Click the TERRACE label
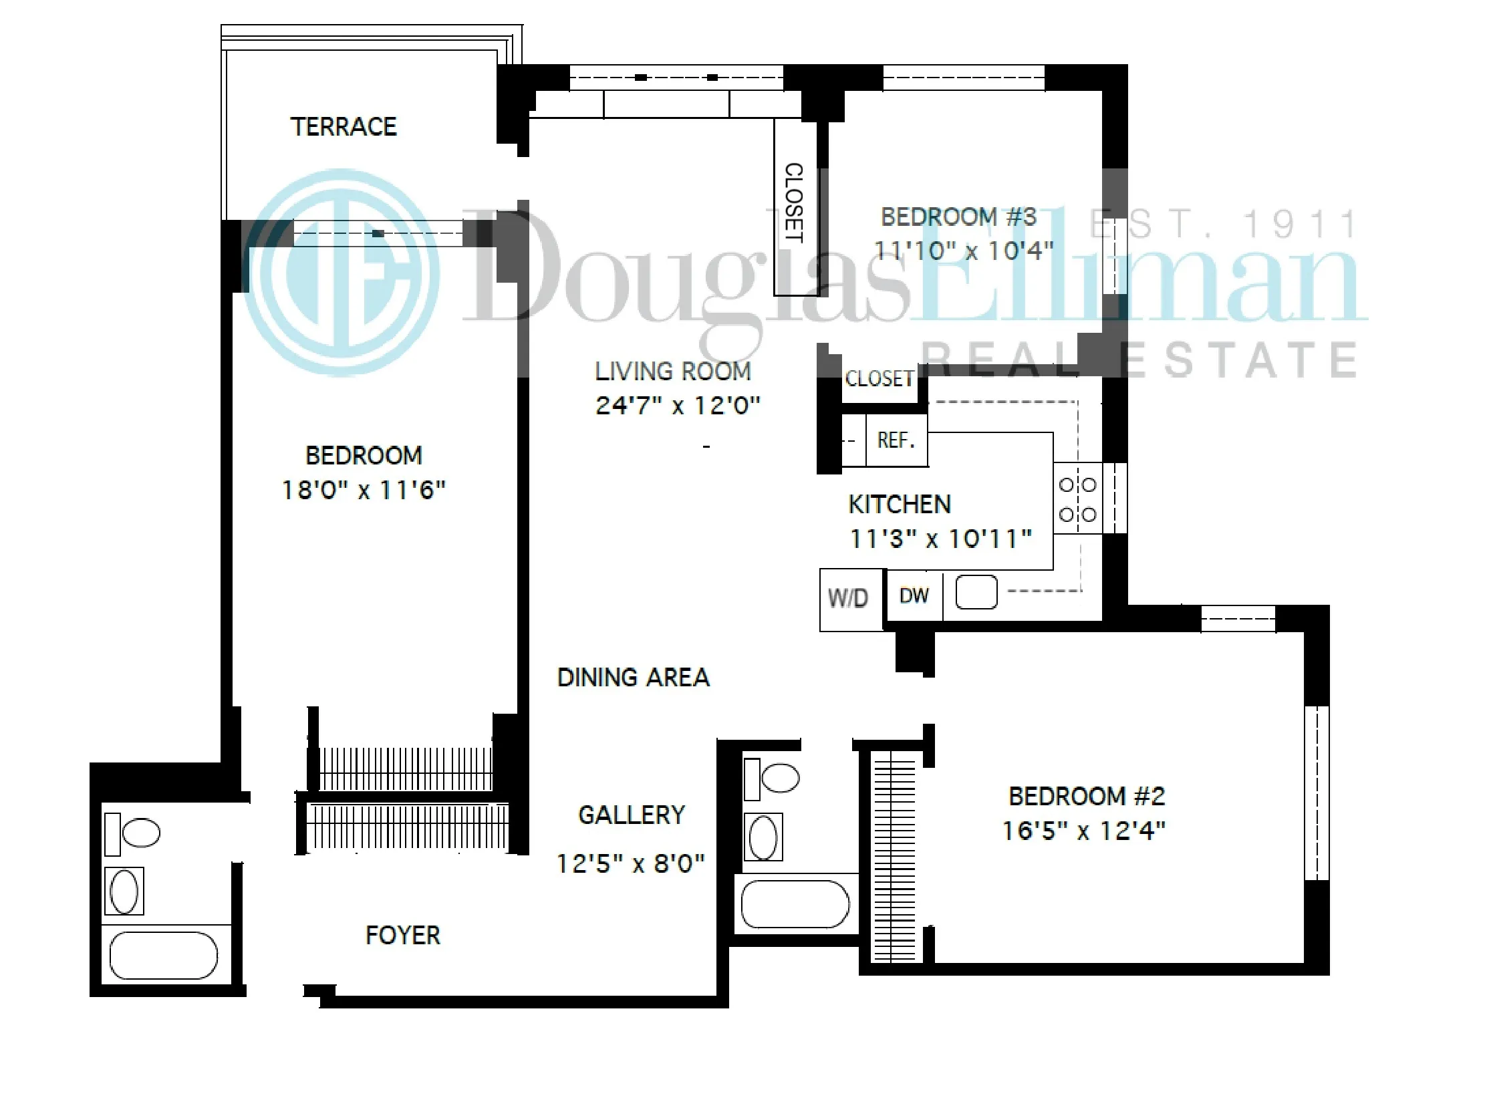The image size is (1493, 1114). pos(344,127)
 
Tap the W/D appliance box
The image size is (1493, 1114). pos(848,598)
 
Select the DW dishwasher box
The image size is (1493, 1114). pos(914,595)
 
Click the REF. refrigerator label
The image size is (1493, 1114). pos(896,440)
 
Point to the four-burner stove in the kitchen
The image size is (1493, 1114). pos(1077,500)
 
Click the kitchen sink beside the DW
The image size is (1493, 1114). pos(976,593)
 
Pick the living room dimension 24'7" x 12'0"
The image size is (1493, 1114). pos(677,406)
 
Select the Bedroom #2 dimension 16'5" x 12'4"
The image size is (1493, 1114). pos(1083,831)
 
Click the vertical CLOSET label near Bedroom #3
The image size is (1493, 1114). pos(794,202)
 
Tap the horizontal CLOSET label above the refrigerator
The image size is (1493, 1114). pos(879,379)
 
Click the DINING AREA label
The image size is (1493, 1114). pos(632,677)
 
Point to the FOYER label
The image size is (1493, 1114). pos(402,936)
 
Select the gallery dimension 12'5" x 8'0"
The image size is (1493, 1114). pos(630,864)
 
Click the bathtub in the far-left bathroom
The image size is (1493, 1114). pos(163,955)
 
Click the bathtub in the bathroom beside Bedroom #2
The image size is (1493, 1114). pos(795,904)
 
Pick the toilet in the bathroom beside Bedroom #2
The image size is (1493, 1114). pos(779,777)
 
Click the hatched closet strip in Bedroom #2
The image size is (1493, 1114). pos(894,857)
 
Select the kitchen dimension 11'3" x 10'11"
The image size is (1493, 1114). pos(940,539)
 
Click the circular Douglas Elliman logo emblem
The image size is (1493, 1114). pos(342,273)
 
